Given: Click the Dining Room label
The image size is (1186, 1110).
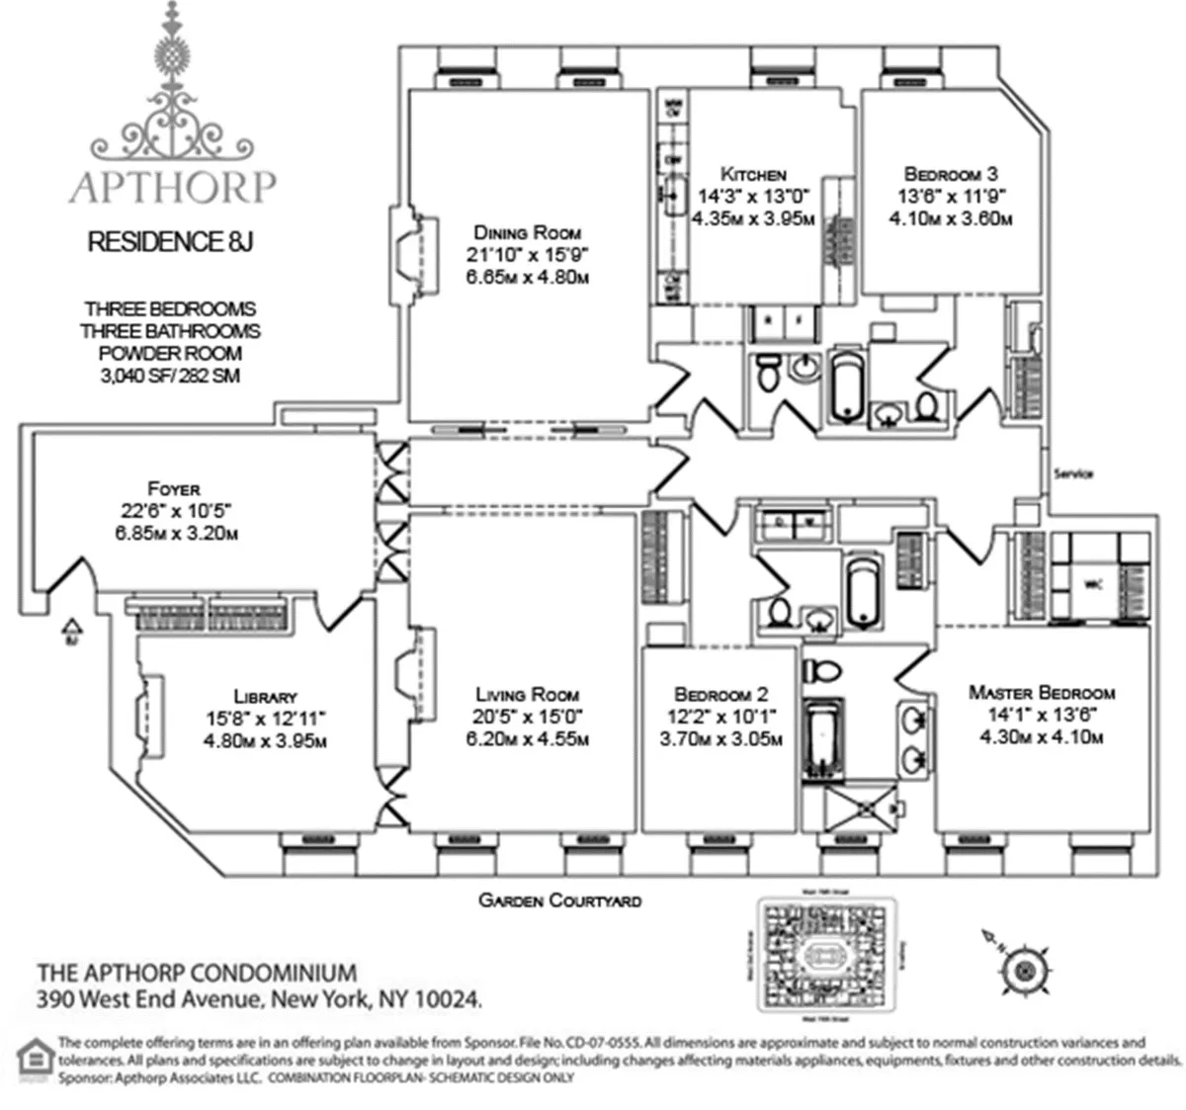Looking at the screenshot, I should tap(527, 233).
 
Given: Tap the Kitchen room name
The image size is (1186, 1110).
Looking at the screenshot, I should tap(753, 173).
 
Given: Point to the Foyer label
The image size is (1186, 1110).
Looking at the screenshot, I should tap(174, 488).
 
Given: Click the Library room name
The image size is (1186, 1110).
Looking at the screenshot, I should tap(265, 696).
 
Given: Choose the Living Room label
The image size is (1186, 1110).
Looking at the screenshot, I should tap(527, 694).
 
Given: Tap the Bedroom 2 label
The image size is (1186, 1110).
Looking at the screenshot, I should tap(720, 695).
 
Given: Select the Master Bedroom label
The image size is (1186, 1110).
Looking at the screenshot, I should tap(1042, 693).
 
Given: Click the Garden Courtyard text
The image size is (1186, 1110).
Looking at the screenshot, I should tap(559, 900).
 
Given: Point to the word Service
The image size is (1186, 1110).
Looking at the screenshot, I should tap(1073, 474).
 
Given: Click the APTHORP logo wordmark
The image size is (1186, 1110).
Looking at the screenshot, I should tap(172, 187).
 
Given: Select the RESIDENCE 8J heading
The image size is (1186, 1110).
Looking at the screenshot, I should tap(171, 242).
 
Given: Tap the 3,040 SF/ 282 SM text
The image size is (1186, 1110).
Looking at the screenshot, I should tap(170, 376).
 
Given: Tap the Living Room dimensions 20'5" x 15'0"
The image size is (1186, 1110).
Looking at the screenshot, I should tap(527, 717).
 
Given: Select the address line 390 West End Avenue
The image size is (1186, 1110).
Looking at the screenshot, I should tap(260, 999).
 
